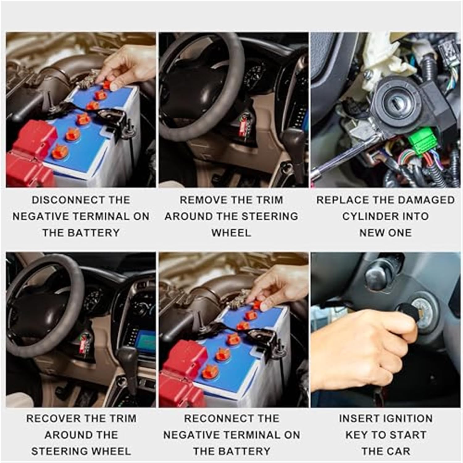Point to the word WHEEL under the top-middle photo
231,233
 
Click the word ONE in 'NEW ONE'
400,233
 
